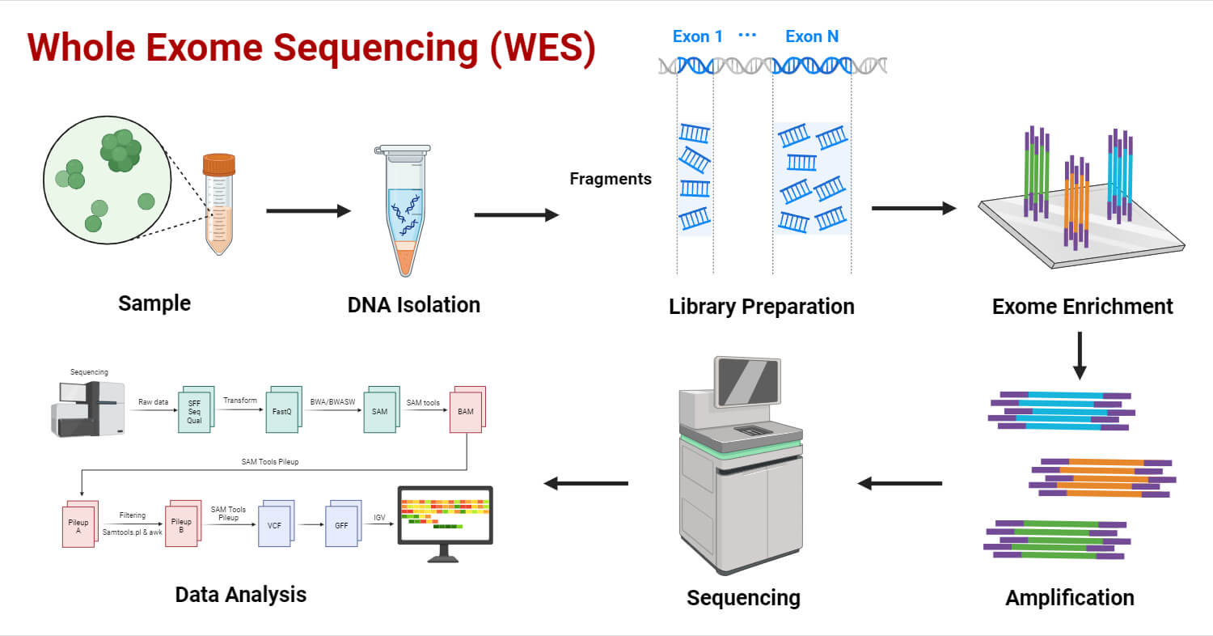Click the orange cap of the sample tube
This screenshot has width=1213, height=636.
219,164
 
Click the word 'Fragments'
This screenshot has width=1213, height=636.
611,179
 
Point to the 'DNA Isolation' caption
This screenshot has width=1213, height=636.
413,305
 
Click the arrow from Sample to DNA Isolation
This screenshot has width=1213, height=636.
308,211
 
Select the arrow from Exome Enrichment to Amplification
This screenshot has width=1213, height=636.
1079,356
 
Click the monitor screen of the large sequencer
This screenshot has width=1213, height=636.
747,383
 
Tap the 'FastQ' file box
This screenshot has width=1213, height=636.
281,411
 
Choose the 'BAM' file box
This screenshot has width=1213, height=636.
466,412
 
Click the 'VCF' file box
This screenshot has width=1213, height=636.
274,525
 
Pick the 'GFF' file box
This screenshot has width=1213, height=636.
341,525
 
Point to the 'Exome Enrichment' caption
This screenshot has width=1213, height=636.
1082,307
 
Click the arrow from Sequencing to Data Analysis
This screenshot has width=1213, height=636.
585,483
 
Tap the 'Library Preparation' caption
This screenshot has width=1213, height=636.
761,307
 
